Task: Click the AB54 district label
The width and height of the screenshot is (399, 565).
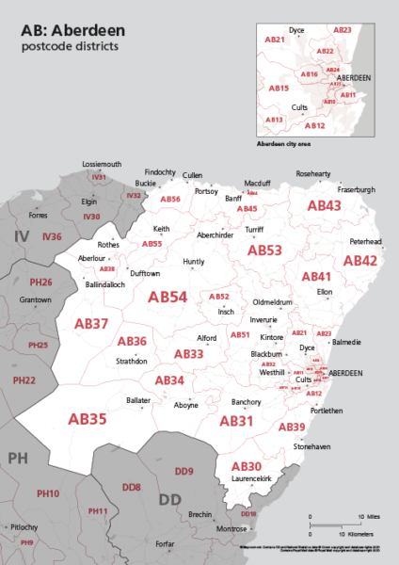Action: (168, 297)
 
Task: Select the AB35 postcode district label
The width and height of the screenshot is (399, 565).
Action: (88, 418)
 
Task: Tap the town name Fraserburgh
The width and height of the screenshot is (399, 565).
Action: (356, 189)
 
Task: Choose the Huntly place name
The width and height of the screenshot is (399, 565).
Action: (193, 262)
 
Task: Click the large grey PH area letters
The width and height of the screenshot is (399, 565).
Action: (19, 458)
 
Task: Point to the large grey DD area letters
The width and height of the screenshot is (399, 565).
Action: (169, 499)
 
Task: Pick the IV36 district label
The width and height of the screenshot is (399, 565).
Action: (51, 236)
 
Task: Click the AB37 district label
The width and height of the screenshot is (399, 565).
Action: (91, 324)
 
